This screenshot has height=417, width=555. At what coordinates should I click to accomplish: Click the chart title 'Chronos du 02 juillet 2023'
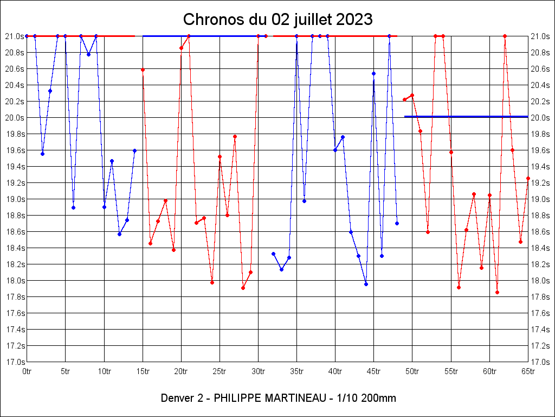[277, 20]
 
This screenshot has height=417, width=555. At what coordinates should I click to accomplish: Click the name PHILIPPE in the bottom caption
[237, 398]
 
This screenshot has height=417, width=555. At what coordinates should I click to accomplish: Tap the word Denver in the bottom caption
[176, 398]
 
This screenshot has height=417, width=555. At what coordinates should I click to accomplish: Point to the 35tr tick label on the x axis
[296, 371]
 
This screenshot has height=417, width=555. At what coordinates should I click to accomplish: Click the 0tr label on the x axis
[27, 371]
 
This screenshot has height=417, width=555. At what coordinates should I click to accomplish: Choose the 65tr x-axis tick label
[528, 371]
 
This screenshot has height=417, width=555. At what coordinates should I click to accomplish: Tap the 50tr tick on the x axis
[412, 371]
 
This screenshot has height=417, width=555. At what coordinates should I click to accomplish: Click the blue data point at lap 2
[42, 154]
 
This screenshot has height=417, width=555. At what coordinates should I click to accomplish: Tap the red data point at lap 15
[143, 69]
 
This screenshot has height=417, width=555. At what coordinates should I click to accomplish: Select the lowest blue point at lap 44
[366, 284]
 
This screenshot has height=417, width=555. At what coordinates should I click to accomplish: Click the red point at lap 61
[497, 292]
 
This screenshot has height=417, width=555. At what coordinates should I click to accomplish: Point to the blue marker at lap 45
[373, 73]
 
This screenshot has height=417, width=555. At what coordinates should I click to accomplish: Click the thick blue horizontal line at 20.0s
[466, 116]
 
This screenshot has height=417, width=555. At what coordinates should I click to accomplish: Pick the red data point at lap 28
[243, 288]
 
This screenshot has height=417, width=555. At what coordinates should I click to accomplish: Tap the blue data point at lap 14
[134, 150]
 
